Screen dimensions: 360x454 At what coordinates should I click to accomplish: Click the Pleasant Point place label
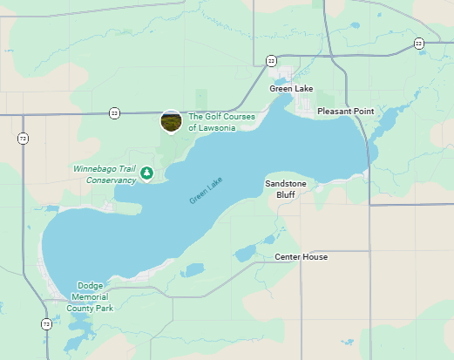coord(345,112)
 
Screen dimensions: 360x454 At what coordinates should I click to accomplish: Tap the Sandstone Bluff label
coord(286,189)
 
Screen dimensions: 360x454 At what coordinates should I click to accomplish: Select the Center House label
coord(301,257)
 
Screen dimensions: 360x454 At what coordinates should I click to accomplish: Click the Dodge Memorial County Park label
coord(90,296)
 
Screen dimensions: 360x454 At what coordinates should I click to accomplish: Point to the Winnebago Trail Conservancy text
coord(104,173)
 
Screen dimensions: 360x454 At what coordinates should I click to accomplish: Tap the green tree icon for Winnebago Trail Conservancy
coord(147,173)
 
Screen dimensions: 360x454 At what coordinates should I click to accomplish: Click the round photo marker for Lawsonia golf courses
coord(171,121)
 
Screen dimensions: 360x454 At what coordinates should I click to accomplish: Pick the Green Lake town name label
coord(292,89)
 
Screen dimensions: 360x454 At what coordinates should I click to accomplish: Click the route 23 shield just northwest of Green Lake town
coord(271,60)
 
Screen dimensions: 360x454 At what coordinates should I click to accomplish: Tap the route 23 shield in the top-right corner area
coord(419,43)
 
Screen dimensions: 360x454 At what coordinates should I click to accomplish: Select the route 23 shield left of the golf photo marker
coord(114,113)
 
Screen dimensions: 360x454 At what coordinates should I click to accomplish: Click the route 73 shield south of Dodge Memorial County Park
coord(46,324)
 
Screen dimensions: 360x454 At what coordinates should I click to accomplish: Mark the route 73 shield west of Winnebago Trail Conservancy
coord(22,138)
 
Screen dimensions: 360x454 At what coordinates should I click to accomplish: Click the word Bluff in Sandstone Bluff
coord(286,195)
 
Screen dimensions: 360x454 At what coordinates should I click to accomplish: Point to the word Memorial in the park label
coord(90,296)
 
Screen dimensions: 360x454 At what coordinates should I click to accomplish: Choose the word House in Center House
coord(315,257)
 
